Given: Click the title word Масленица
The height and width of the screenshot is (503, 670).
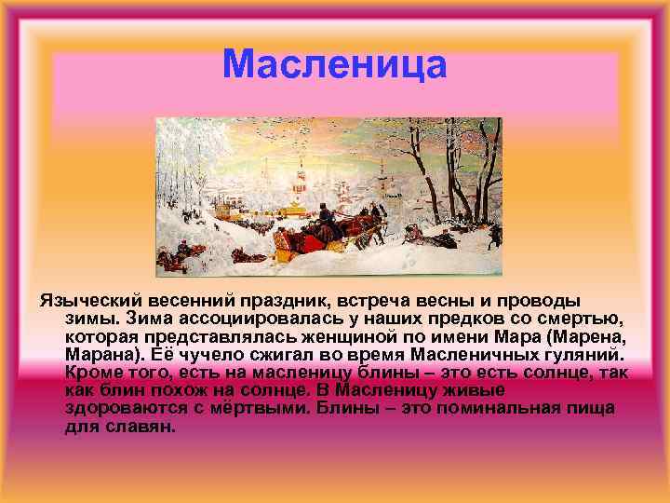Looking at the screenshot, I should tap(335, 65).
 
